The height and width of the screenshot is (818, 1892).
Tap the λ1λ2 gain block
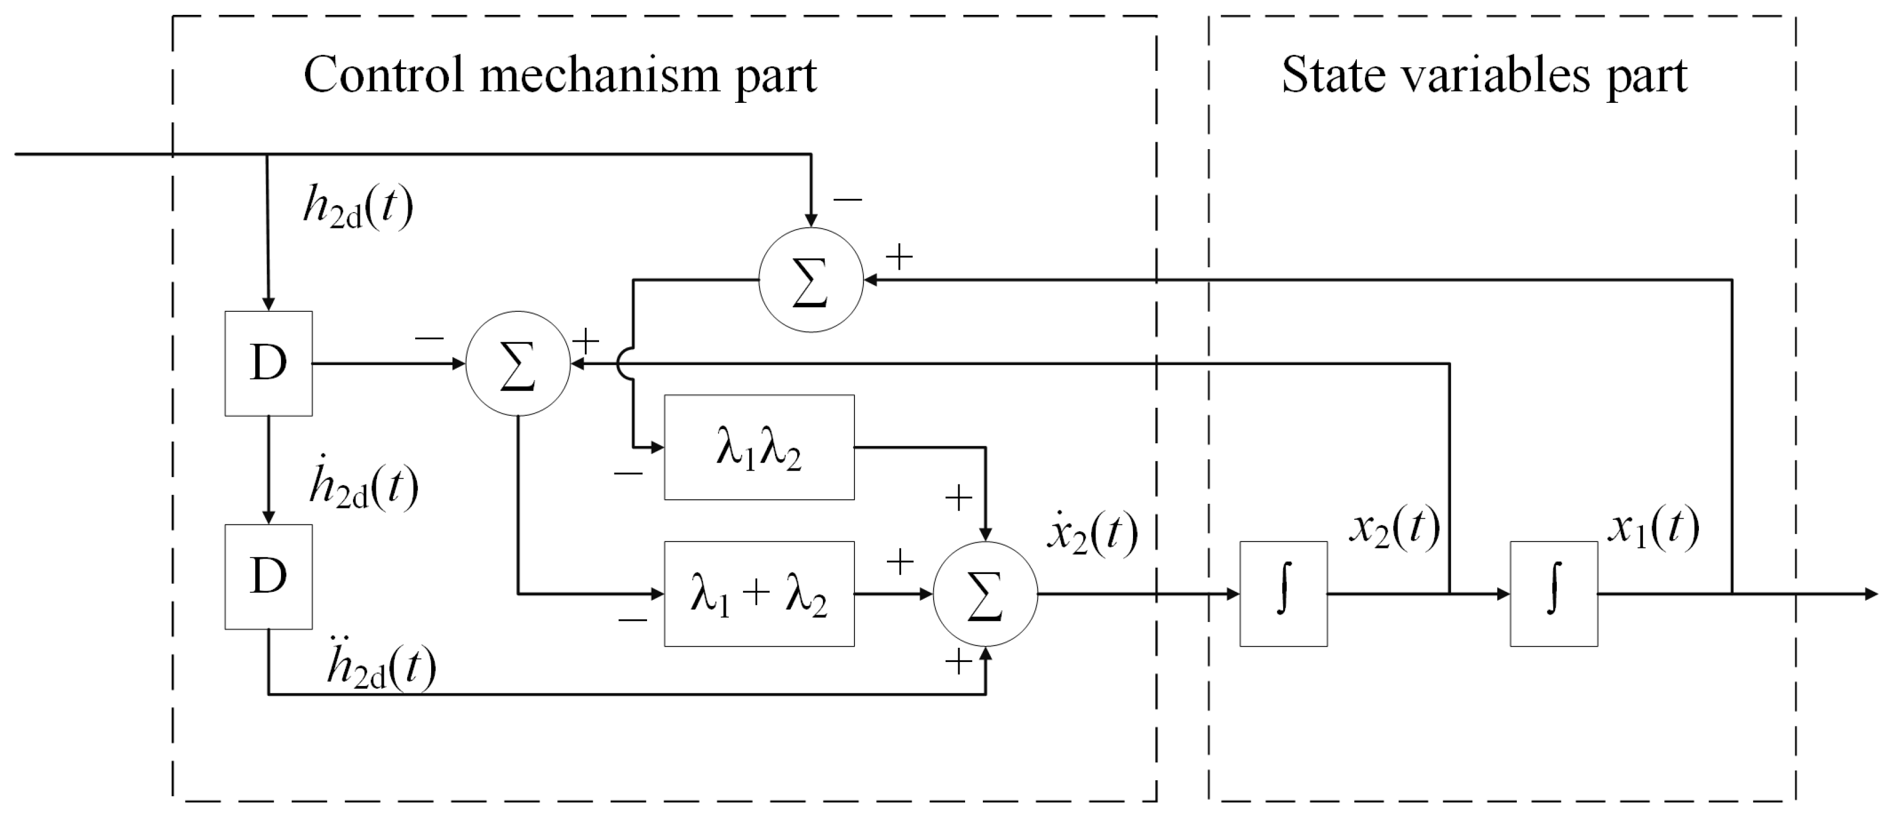(759, 448)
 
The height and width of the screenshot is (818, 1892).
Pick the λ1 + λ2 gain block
(759, 594)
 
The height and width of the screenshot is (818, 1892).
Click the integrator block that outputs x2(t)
(1283, 594)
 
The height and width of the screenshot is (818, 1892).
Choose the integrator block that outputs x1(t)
(1553, 594)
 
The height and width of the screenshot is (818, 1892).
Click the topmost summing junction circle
(810, 280)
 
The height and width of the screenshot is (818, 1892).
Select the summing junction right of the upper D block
(518, 363)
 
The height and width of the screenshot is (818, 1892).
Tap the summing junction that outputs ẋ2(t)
(985, 594)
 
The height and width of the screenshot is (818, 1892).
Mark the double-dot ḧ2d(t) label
(380, 665)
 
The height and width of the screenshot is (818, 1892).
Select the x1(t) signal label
(1653, 528)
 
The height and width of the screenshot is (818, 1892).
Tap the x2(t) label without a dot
(1394, 528)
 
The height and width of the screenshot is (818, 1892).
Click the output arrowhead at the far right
(1871, 594)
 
